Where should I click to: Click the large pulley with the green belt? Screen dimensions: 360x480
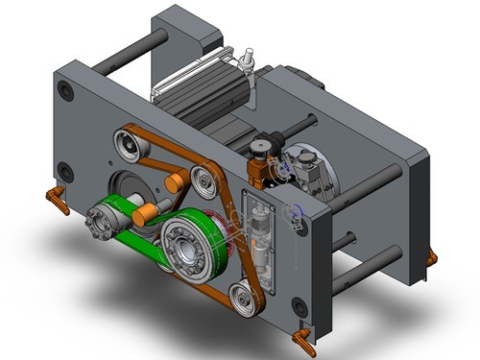[x=186, y=246]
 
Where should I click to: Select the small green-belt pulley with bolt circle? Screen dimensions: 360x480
[x=107, y=220]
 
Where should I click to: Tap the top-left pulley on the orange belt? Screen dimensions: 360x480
[x=129, y=147]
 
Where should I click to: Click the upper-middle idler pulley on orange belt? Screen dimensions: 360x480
[x=203, y=179]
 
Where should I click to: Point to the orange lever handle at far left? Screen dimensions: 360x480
[x=57, y=201]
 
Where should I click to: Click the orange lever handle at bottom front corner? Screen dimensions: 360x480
[x=305, y=337]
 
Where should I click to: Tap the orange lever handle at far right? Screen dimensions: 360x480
[x=431, y=258]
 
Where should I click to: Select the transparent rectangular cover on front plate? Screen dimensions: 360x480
[x=260, y=240]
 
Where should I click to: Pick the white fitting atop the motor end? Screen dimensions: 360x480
[x=247, y=59]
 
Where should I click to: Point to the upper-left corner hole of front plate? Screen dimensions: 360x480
[x=65, y=91]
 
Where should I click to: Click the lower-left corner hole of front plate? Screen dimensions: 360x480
[x=64, y=174]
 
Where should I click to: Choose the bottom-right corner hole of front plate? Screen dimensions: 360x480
[x=300, y=306]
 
